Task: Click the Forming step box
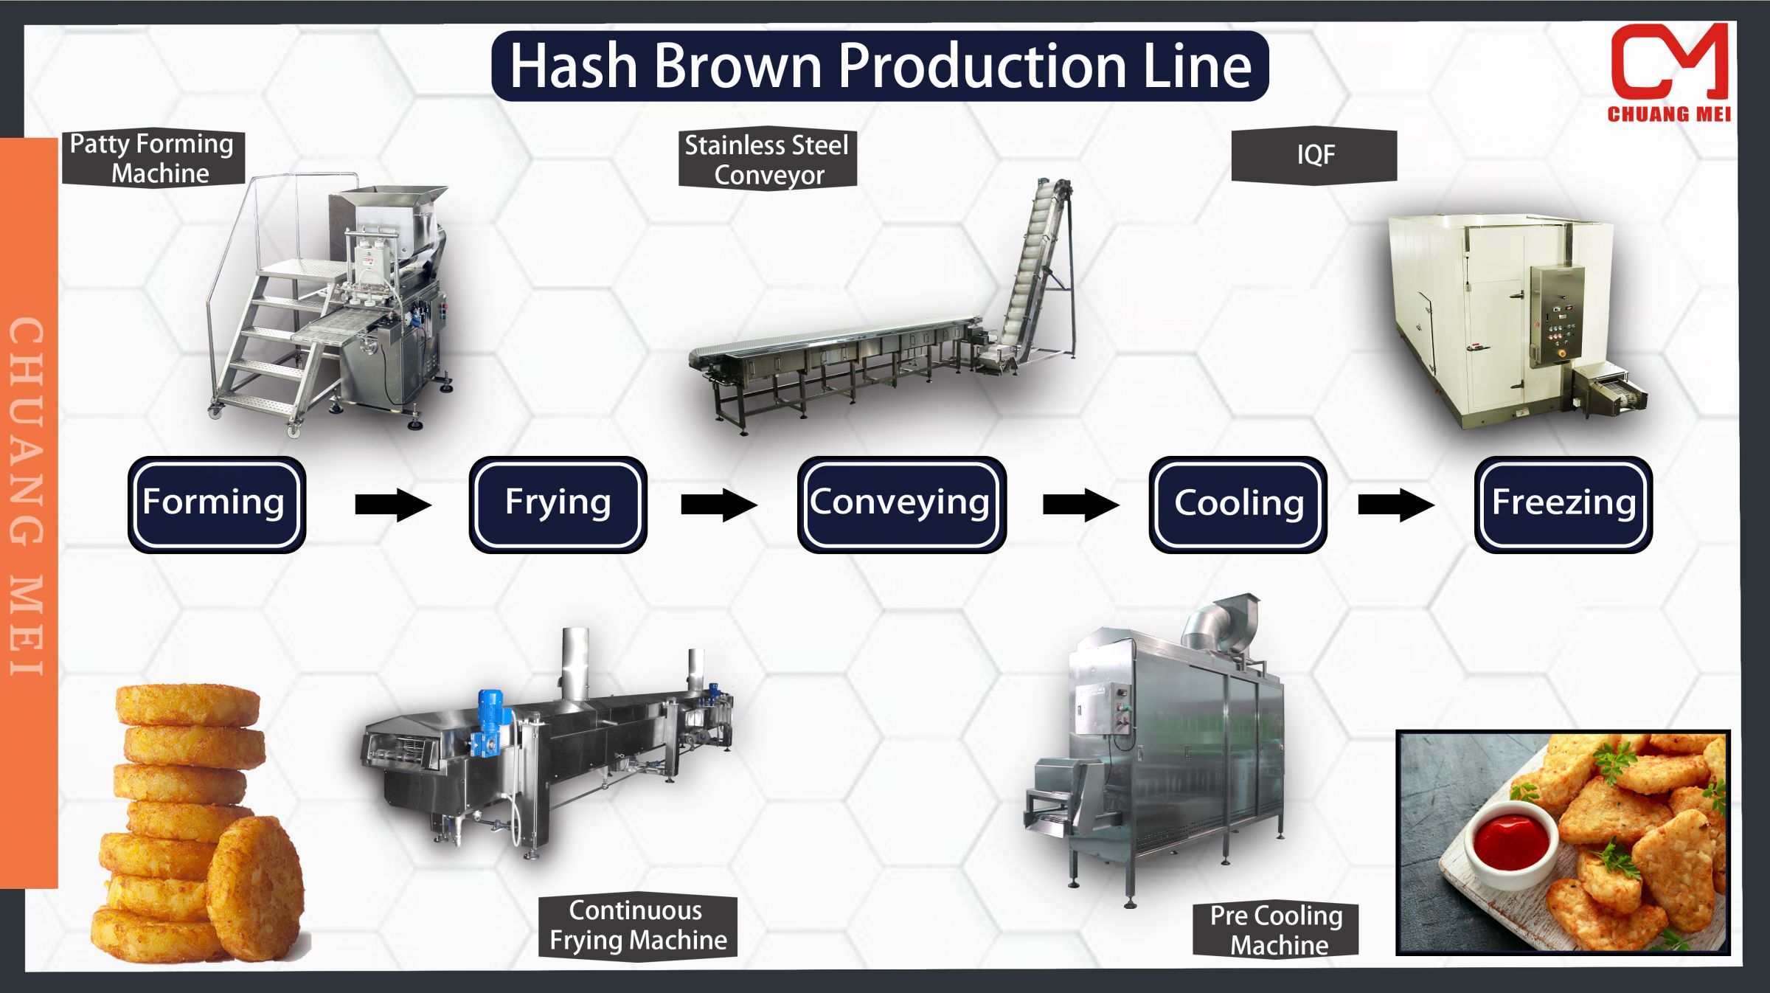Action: coord(216,504)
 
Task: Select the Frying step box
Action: coord(558,504)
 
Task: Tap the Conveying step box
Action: coord(900,504)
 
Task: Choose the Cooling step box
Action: coord(1238,504)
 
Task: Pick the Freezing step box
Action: coord(1563,504)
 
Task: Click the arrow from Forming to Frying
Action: coord(392,505)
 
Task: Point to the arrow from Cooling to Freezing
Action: coord(1395,505)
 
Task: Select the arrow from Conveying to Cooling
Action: coord(1080,505)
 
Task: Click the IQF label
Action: coord(1314,155)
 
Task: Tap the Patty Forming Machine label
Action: coord(153,158)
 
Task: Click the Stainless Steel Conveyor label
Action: coord(767,159)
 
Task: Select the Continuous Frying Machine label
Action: coord(637,926)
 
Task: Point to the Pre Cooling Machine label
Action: coord(1276,930)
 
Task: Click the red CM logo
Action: coord(1669,63)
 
